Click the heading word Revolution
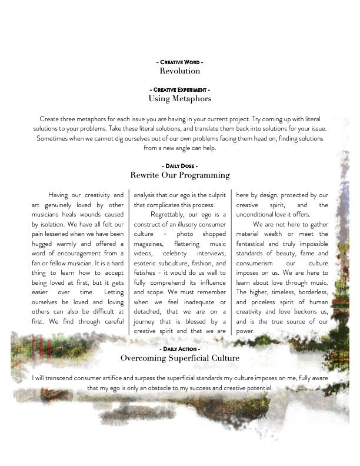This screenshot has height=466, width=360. pyautogui.click(x=180, y=71)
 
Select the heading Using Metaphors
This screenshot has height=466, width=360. pyautogui.click(x=180, y=99)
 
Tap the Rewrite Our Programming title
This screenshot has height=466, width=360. pyautogui.click(x=180, y=175)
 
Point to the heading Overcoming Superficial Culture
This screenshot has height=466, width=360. pyautogui.click(x=180, y=358)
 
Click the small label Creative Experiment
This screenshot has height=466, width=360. pyautogui.click(x=180, y=89)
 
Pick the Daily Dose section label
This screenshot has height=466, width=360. pyautogui.click(x=180, y=167)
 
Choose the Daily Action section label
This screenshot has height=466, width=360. pyautogui.click(x=180, y=349)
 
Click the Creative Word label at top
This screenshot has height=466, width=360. pyautogui.click(x=180, y=62)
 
